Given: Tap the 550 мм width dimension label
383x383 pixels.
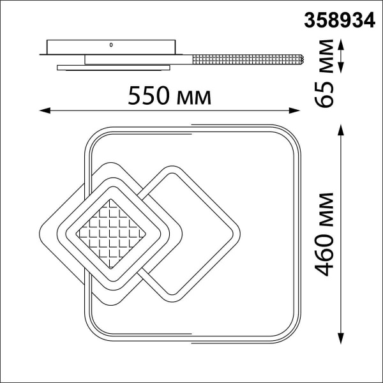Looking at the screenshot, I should tap(169, 96).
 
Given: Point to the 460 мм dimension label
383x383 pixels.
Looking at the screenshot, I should tap(326, 233).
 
